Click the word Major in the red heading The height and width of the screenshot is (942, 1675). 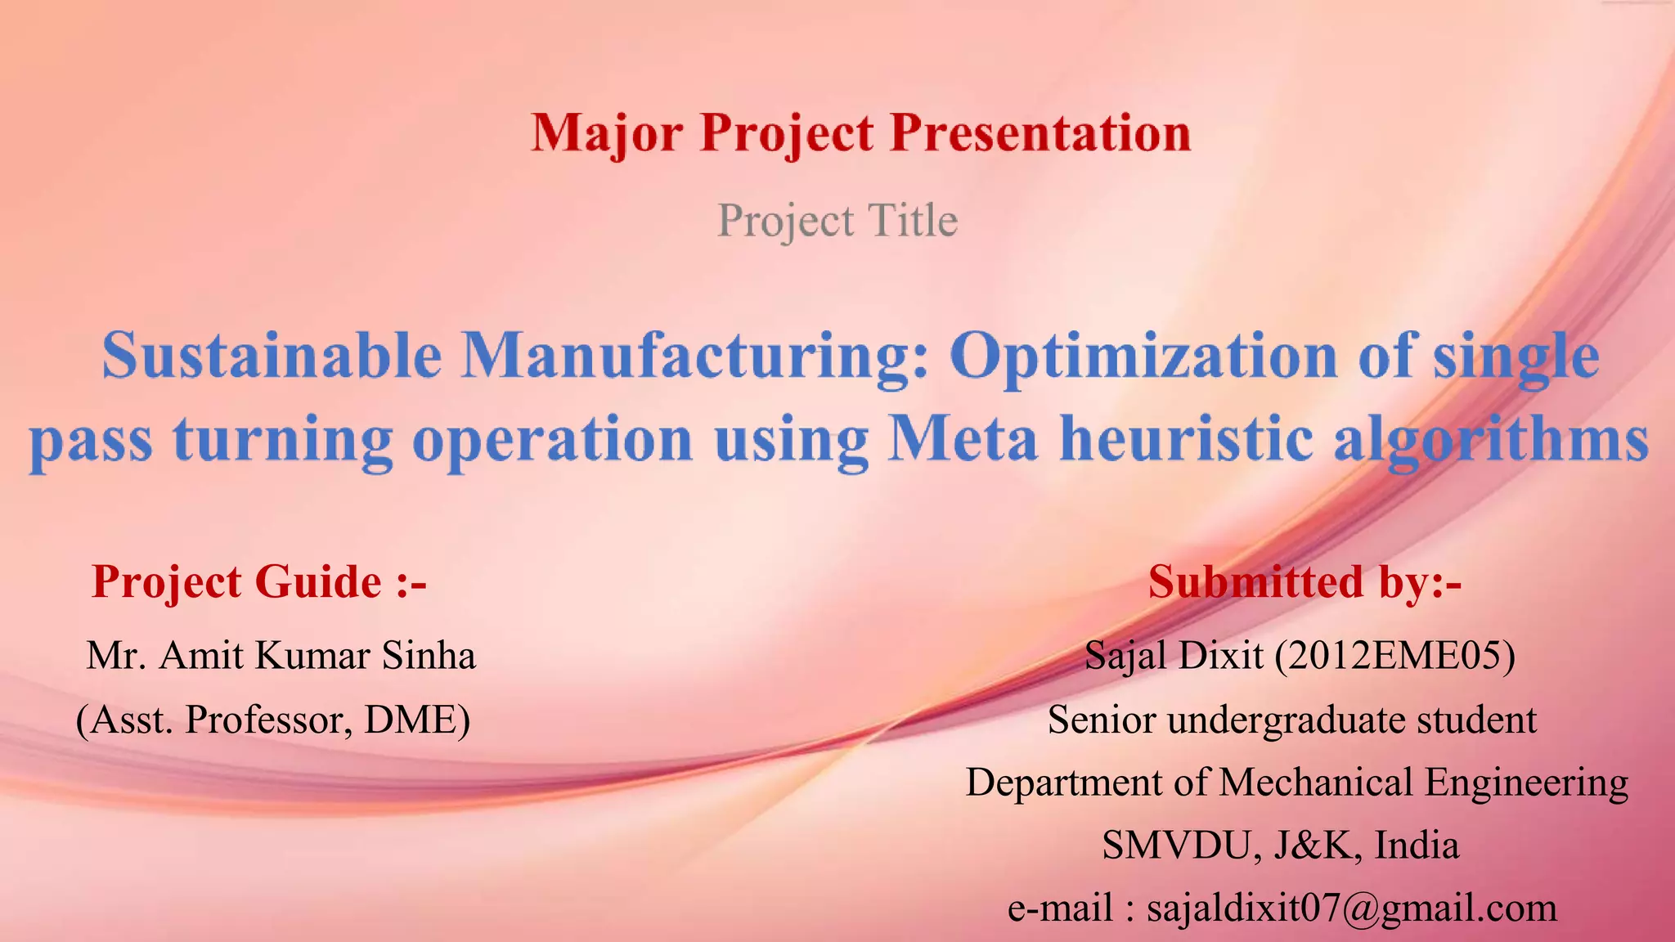(x=606, y=133)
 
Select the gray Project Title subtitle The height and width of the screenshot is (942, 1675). (x=837, y=221)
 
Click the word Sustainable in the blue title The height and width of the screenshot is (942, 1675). (x=271, y=357)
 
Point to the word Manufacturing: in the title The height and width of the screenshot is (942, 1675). (x=695, y=357)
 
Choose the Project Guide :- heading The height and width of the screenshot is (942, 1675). (x=259, y=582)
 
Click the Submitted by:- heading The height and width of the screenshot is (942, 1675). (x=1305, y=582)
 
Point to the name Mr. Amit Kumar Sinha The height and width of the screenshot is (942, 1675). (x=281, y=656)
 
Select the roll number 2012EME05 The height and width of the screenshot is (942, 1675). (x=1394, y=656)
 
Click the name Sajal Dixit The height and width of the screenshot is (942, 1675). (x=1174, y=656)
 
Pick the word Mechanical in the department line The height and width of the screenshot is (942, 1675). (x=1316, y=783)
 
